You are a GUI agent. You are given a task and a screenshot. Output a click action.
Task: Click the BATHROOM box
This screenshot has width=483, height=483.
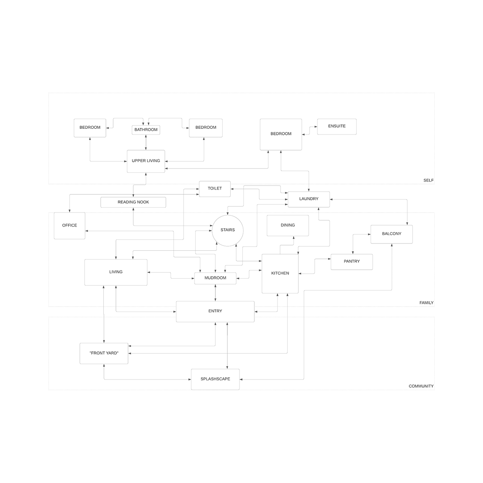(x=146, y=130)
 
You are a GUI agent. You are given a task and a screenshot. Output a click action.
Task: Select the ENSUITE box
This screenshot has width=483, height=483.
(x=336, y=126)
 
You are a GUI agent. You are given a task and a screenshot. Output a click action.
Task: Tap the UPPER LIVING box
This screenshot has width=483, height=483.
(x=146, y=161)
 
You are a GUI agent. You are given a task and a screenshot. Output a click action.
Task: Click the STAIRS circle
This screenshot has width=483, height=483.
(x=227, y=230)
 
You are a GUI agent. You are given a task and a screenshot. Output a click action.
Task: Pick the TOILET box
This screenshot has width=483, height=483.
(x=215, y=189)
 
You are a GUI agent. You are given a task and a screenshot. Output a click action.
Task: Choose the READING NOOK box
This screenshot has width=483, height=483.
(x=133, y=202)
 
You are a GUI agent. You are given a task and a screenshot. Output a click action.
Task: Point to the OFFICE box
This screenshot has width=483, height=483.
(x=70, y=225)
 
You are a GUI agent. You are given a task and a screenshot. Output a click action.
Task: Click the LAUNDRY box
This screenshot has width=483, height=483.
(x=309, y=199)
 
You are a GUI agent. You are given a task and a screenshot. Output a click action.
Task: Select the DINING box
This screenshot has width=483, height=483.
(x=288, y=225)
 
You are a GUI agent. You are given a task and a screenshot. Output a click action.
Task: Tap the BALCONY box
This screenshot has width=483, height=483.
(x=391, y=234)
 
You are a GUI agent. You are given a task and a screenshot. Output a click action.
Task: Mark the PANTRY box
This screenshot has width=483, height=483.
(x=352, y=262)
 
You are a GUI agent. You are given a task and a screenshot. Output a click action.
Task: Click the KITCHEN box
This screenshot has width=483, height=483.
(x=280, y=274)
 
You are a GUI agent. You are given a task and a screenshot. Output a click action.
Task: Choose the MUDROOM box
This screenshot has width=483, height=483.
(x=215, y=278)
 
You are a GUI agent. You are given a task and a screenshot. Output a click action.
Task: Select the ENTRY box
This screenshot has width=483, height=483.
(x=215, y=311)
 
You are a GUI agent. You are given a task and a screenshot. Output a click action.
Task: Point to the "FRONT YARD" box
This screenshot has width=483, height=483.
(x=104, y=353)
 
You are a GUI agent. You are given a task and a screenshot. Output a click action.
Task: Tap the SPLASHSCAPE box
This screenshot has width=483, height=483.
(x=215, y=379)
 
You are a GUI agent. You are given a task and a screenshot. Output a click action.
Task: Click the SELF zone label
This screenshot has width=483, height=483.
(x=428, y=180)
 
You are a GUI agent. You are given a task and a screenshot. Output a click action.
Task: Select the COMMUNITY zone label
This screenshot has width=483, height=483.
(x=421, y=386)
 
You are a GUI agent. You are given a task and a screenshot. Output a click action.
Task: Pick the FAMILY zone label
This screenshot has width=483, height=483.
(x=426, y=303)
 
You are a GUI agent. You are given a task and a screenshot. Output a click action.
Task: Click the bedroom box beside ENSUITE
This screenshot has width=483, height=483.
(x=281, y=134)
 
